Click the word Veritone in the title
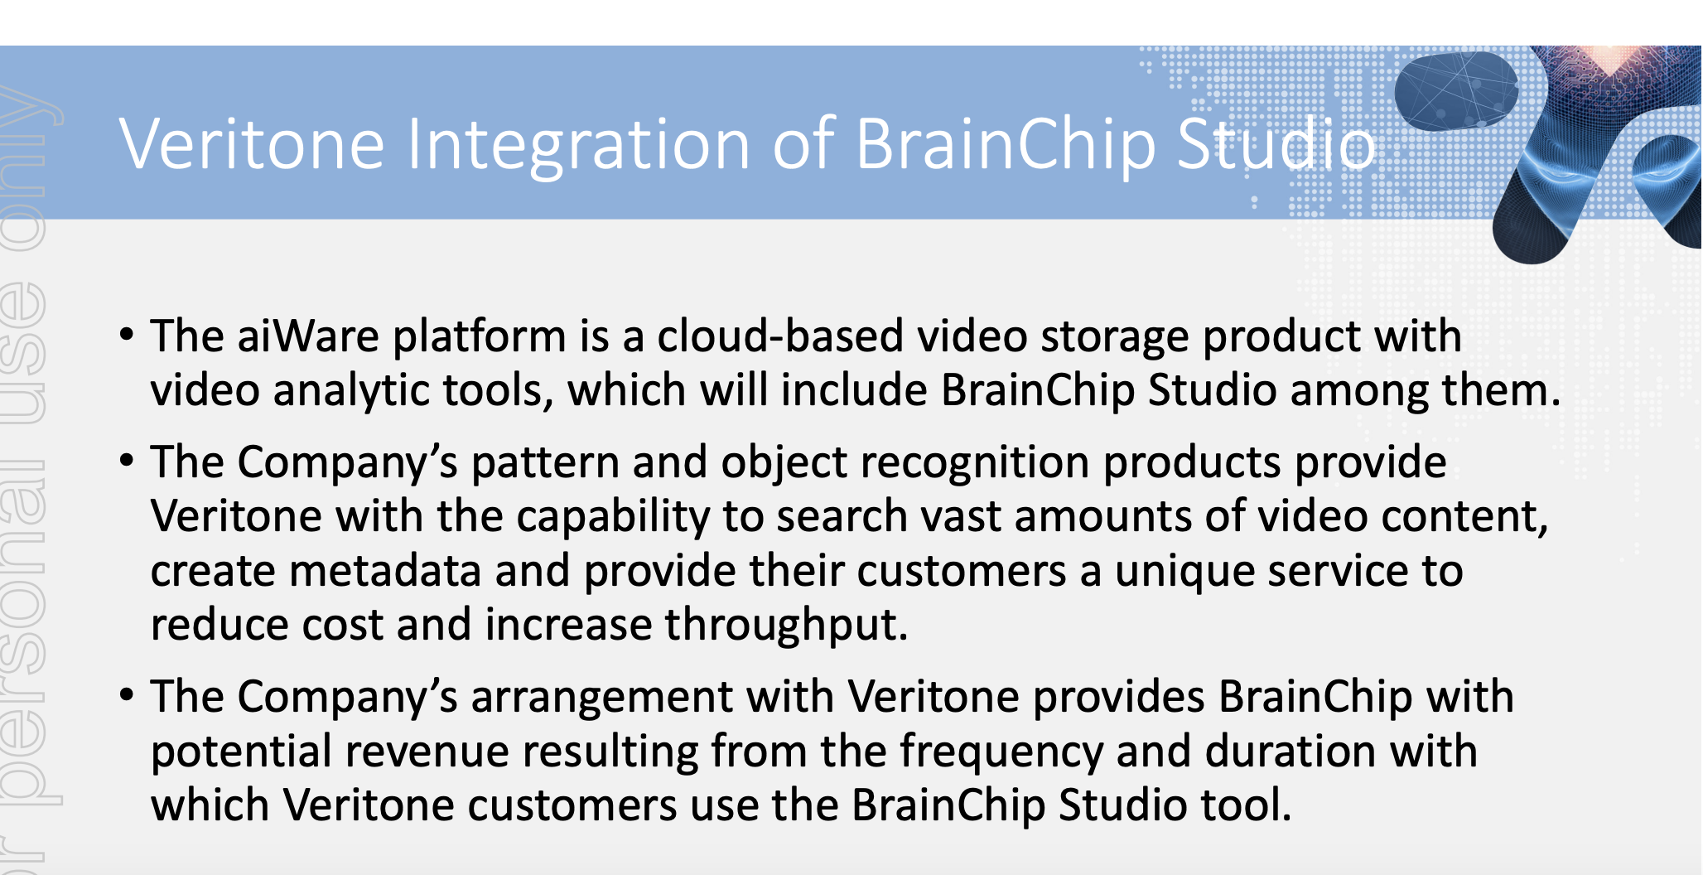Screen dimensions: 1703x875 (252, 144)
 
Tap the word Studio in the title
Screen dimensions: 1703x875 (1276, 144)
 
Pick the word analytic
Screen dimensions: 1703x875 (352, 391)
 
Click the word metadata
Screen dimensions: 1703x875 (385, 571)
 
